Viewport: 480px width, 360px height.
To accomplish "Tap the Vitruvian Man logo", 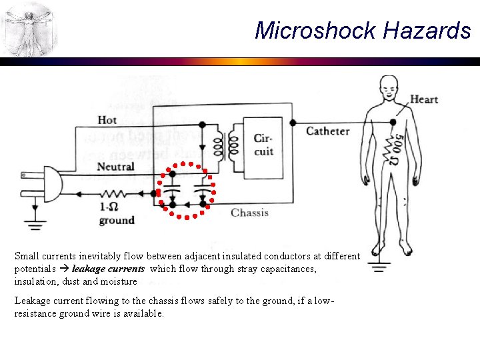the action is pos(29,29).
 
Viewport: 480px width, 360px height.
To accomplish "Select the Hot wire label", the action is pos(107,120).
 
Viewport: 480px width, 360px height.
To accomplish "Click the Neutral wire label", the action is pos(115,166).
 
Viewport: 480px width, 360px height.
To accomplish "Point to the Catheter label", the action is pos(327,131).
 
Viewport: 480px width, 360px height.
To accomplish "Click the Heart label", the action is pos(424,99).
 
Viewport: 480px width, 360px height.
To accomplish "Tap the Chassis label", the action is pos(249,213).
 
